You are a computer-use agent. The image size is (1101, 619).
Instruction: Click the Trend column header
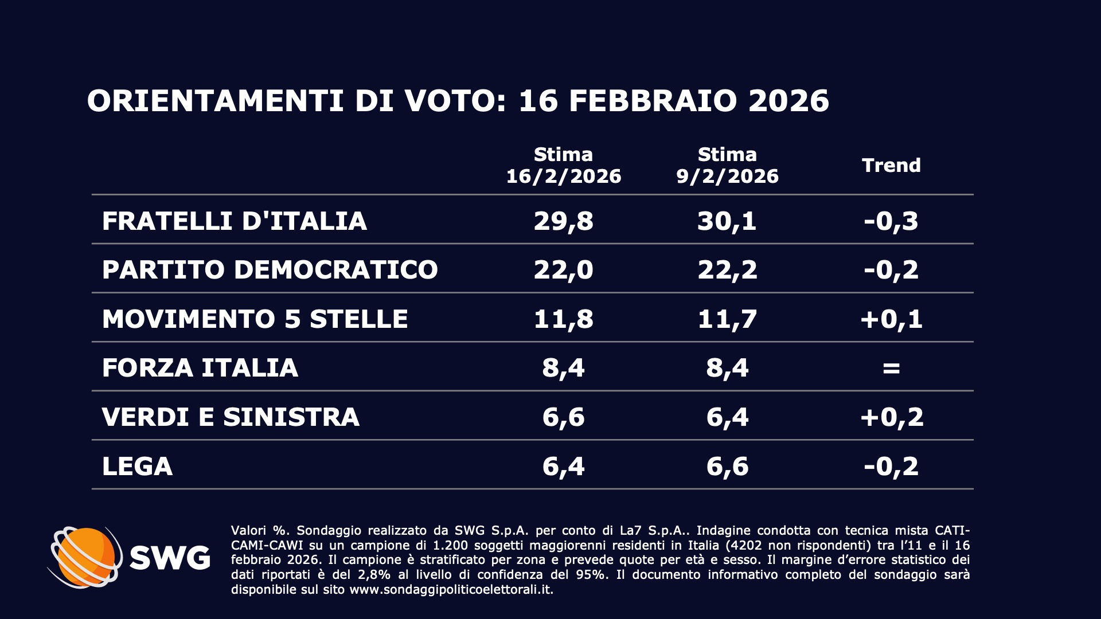click(891, 165)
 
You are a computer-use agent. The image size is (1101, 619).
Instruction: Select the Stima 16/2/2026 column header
click(563, 165)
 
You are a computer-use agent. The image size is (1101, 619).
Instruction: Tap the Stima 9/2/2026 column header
click(727, 165)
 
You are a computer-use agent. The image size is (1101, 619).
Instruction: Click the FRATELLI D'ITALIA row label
click(234, 221)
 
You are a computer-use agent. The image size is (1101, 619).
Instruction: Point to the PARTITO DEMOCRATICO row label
click(270, 269)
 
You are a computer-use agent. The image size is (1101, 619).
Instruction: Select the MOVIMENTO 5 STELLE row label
click(255, 319)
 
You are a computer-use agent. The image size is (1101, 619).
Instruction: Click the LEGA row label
click(137, 466)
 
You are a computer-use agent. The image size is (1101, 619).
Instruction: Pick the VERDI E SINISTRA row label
click(231, 417)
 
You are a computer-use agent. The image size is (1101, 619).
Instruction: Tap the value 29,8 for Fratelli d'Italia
click(563, 221)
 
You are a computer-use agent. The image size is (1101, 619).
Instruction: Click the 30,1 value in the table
click(727, 221)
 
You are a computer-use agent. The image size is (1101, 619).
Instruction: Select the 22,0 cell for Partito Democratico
click(563, 269)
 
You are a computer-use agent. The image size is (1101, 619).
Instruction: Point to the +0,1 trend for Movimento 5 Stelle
click(891, 319)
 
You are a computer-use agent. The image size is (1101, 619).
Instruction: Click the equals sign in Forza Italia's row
click(891, 367)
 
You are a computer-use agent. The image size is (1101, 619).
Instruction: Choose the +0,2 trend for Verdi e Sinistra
click(891, 417)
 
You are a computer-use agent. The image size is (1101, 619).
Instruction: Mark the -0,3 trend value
click(891, 221)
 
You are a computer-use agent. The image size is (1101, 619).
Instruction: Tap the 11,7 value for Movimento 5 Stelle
click(727, 319)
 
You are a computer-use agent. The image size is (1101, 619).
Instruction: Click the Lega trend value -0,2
click(891, 466)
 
